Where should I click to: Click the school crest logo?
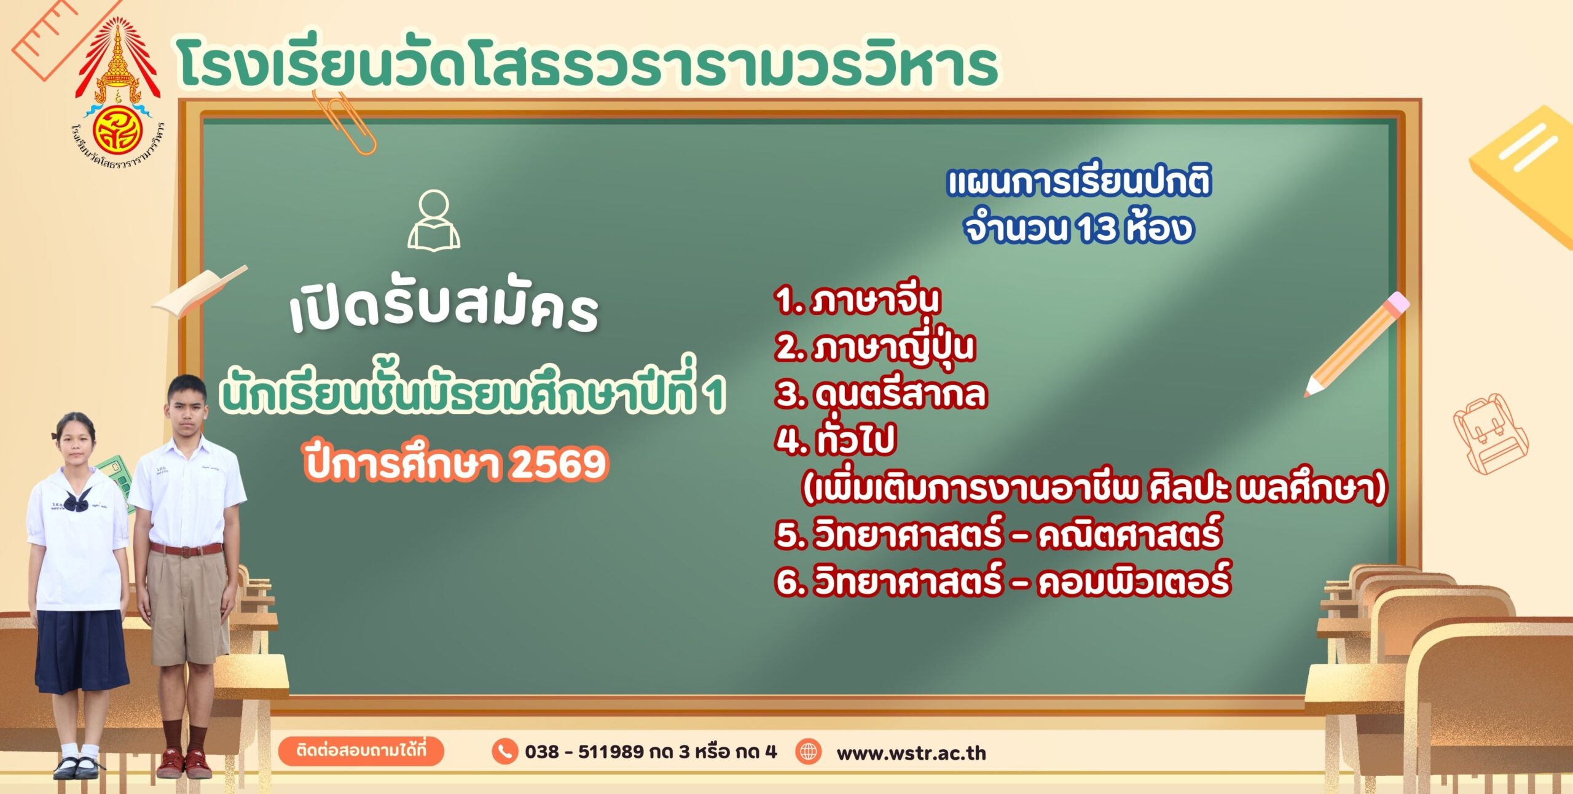click(117, 92)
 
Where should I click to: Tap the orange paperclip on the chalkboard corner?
click(344, 123)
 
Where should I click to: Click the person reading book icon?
click(434, 220)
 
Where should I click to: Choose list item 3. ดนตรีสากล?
click(881, 394)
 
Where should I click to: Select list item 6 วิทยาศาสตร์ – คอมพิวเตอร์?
click(1002, 580)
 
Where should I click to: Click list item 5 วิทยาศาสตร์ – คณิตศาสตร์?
click(998, 533)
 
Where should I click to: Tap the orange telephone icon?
click(504, 752)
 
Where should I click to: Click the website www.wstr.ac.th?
click(911, 753)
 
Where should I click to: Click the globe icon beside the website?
click(809, 751)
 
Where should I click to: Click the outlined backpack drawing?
click(1489, 433)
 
